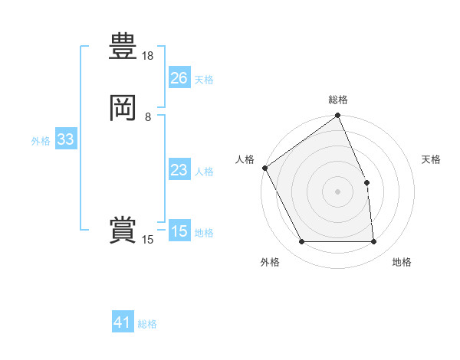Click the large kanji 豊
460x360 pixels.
123,47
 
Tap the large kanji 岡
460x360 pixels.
123,108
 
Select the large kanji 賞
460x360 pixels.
123,231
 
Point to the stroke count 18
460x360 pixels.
148,56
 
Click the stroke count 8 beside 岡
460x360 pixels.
148,116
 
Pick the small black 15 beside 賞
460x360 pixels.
148,240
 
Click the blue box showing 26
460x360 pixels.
179,78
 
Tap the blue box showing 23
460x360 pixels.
179,170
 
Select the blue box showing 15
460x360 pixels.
179,231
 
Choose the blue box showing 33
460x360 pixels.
65,140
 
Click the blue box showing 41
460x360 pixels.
123,322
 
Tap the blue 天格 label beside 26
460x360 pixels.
204,80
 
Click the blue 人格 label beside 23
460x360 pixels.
204,172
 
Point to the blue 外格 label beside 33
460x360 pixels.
41,141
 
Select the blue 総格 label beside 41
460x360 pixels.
148,324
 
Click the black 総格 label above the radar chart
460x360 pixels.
338,100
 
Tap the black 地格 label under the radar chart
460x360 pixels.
402,262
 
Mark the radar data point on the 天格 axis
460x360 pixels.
366,182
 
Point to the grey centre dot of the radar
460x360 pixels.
337,191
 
